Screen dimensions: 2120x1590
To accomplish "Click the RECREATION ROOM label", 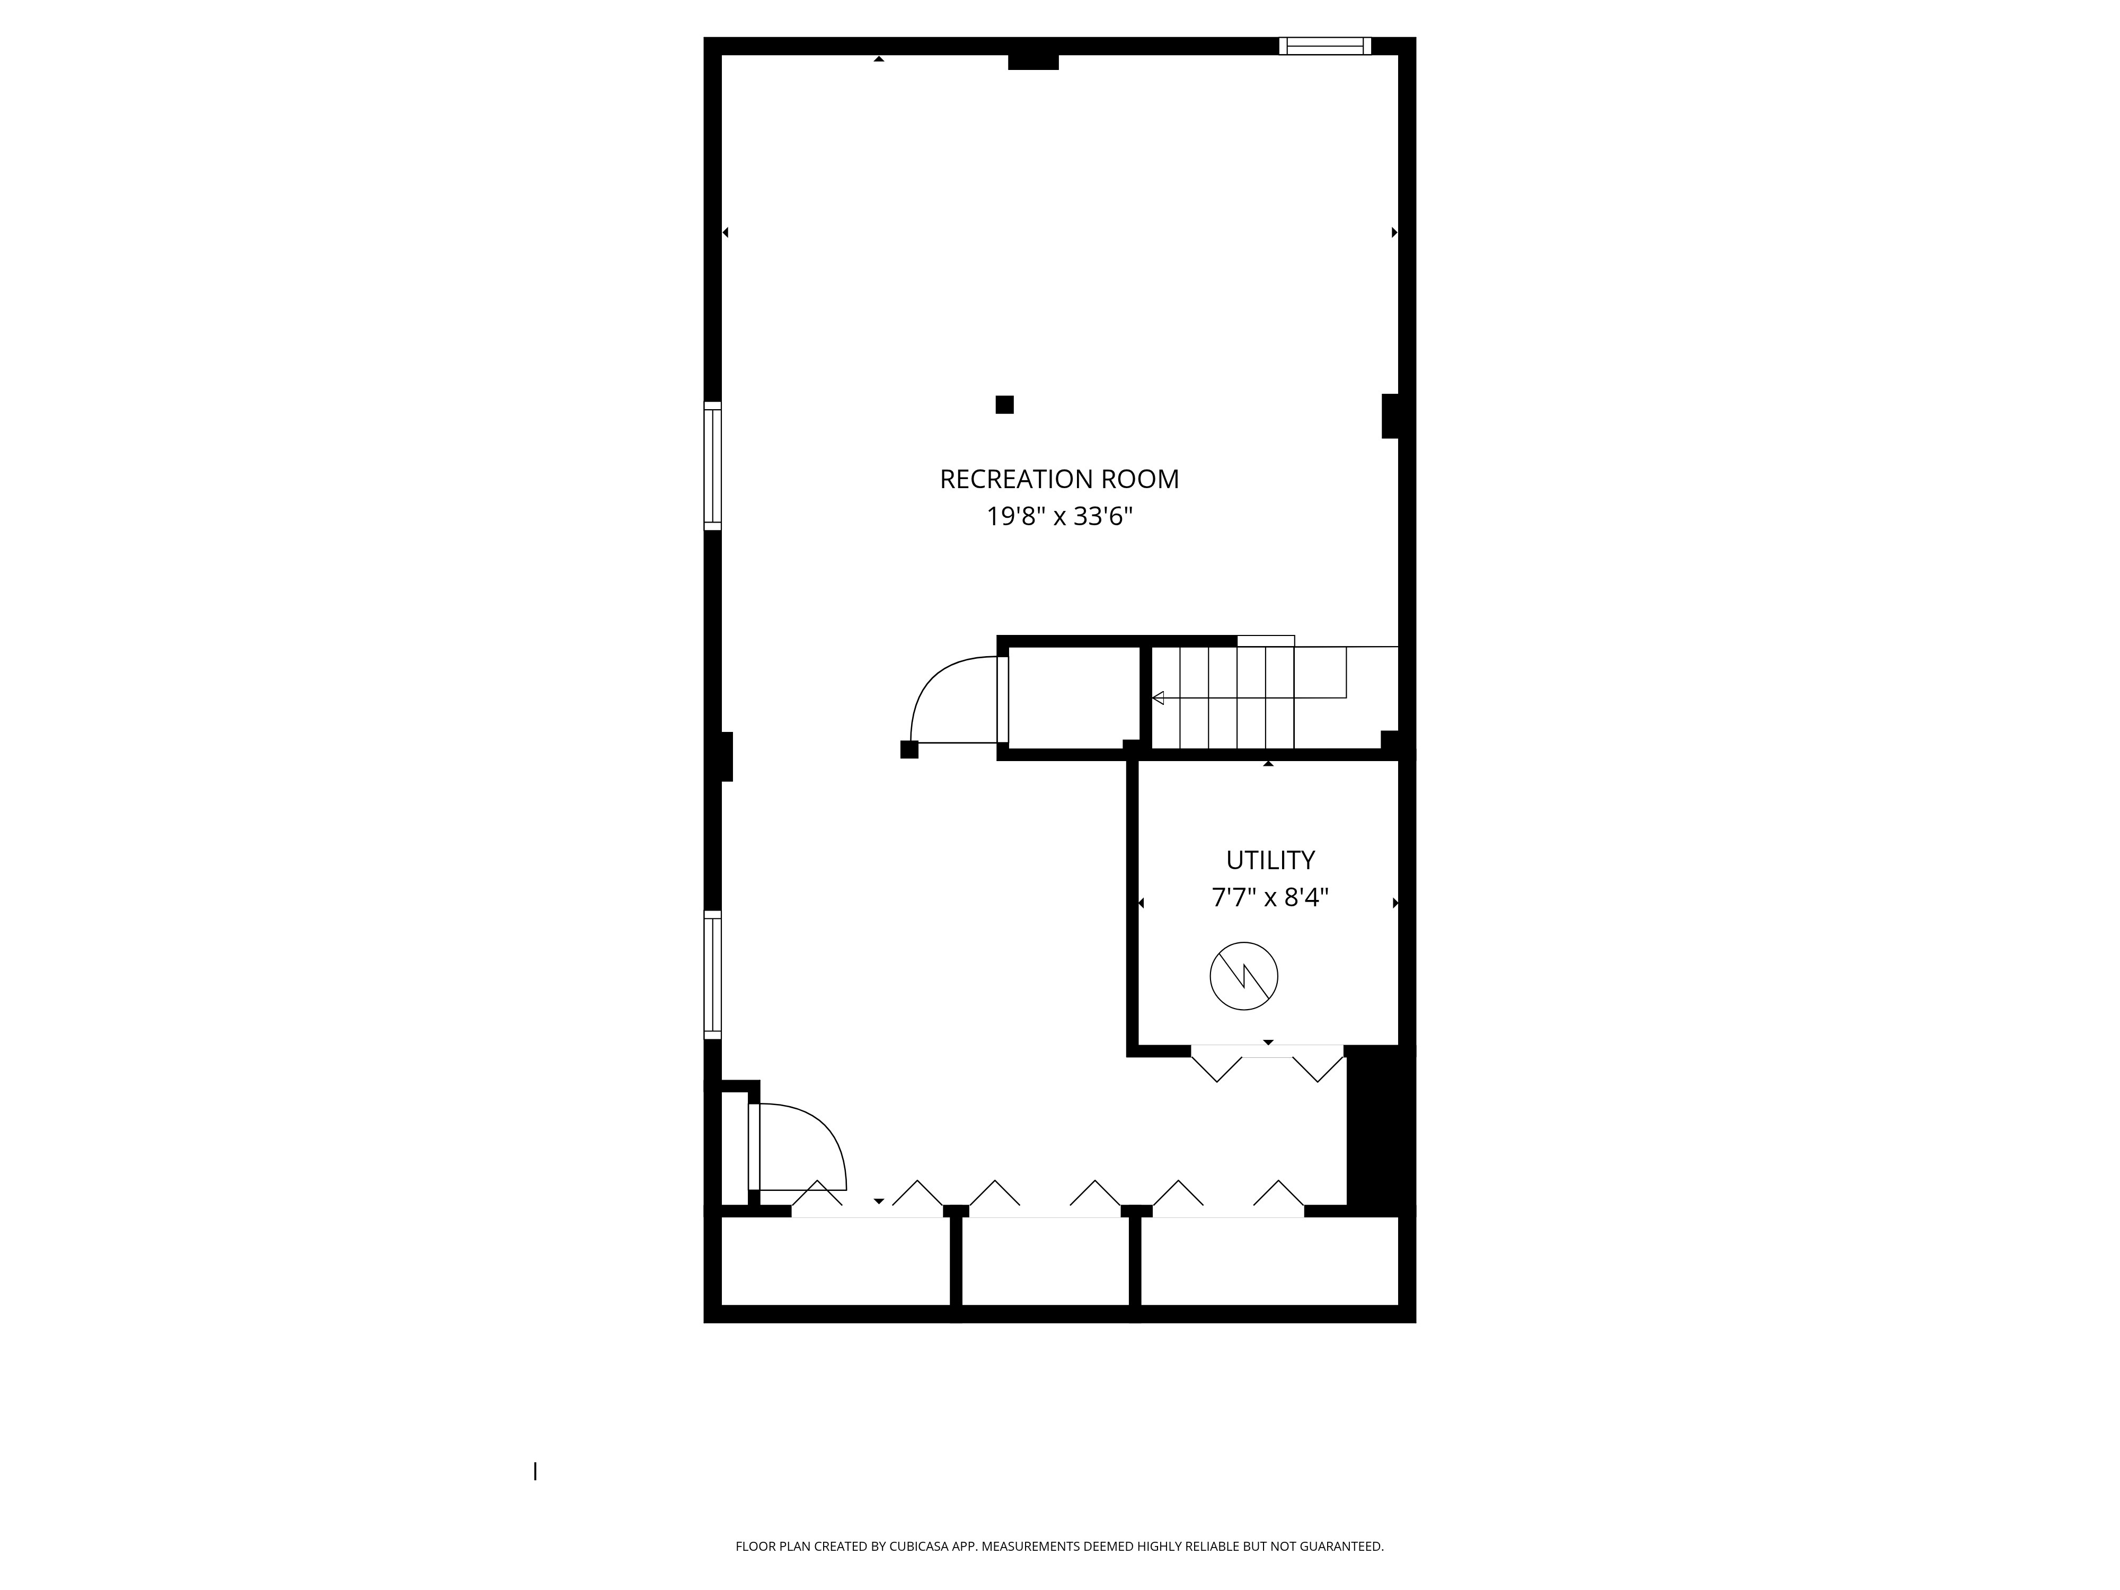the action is pos(1059,479).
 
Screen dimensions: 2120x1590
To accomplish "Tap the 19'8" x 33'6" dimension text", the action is pos(1059,517).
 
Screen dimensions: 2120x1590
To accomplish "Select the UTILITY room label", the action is pos(1270,860).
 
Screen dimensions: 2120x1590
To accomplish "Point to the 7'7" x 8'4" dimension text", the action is pos(1270,897).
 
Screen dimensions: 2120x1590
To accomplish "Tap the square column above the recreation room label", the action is pos(1004,404).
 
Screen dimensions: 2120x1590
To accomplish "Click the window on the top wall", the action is pos(1324,46).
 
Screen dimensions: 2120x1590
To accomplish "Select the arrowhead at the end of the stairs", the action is pos(1158,697).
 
